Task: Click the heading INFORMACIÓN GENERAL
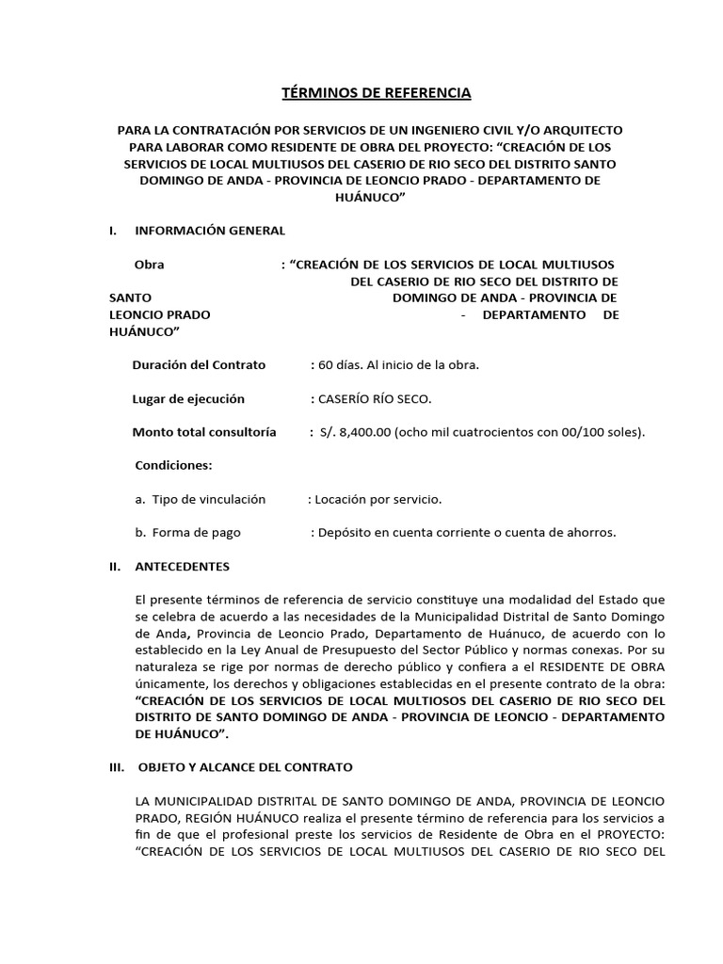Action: (210, 231)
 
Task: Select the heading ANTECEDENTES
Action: (182, 567)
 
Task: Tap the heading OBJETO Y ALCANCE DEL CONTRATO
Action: (246, 767)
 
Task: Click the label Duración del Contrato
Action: (199, 365)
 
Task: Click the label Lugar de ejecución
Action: (188, 399)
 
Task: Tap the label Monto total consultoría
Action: (204, 432)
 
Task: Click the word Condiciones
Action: (174, 466)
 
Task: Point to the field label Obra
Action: (150, 265)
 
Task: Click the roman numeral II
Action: (114, 567)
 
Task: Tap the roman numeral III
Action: (117, 767)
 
